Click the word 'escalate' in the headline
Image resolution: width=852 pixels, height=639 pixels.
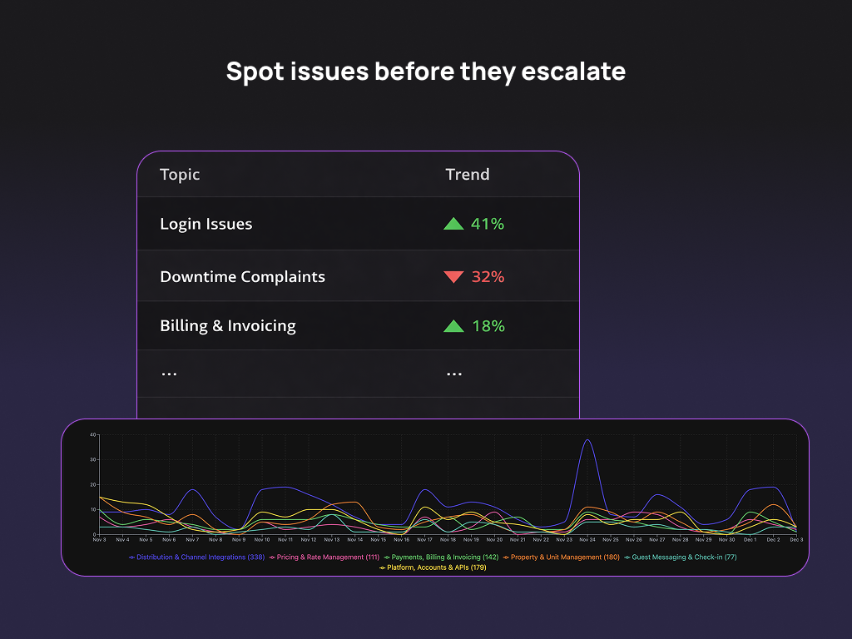pyautogui.click(x=573, y=72)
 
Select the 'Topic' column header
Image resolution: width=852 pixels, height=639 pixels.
pyautogui.click(x=180, y=175)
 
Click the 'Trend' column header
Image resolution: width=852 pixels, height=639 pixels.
pyautogui.click(x=468, y=175)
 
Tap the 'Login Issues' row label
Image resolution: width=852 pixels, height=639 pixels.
pyautogui.click(x=206, y=224)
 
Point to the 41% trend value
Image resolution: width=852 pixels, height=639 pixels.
pyautogui.click(x=488, y=224)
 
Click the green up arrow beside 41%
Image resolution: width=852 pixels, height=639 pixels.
pyautogui.click(x=453, y=224)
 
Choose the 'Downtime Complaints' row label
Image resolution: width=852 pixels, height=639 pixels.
pyautogui.click(x=243, y=277)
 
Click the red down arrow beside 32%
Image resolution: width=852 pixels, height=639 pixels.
pyautogui.click(x=453, y=277)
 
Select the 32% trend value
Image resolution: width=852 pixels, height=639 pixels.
pyautogui.click(x=488, y=277)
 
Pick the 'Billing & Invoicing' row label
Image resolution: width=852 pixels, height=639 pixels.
pyautogui.click(x=228, y=326)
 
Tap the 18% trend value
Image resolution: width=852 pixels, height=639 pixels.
pyautogui.click(x=488, y=326)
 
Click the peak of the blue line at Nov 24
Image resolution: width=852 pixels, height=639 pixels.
pyautogui.click(x=587, y=440)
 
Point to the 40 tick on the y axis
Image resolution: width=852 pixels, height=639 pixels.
pyautogui.click(x=94, y=434)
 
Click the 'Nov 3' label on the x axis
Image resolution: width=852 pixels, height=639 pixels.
pyautogui.click(x=99, y=540)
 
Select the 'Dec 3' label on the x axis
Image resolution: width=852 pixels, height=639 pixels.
pyautogui.click(x=796, y=540)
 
